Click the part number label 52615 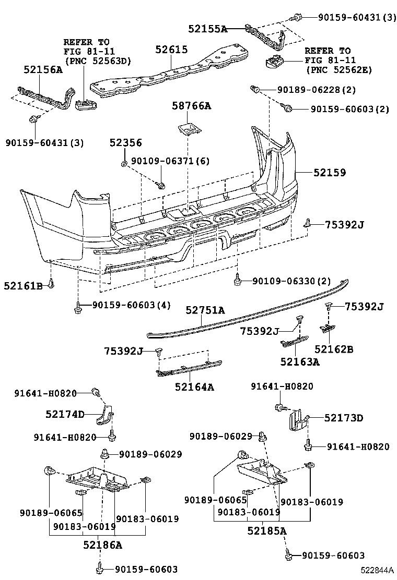(171, 50)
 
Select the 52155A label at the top (208, 29)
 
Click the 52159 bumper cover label (329, 173)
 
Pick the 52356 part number (125, 142)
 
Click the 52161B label (23, 285)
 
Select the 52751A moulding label (205, 310)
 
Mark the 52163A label (299, 361)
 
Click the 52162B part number (334, 349)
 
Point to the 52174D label (65, 414)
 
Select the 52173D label (343, 418)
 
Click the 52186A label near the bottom (102, 545)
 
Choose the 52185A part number (267, 531)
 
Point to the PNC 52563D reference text (97, 61)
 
